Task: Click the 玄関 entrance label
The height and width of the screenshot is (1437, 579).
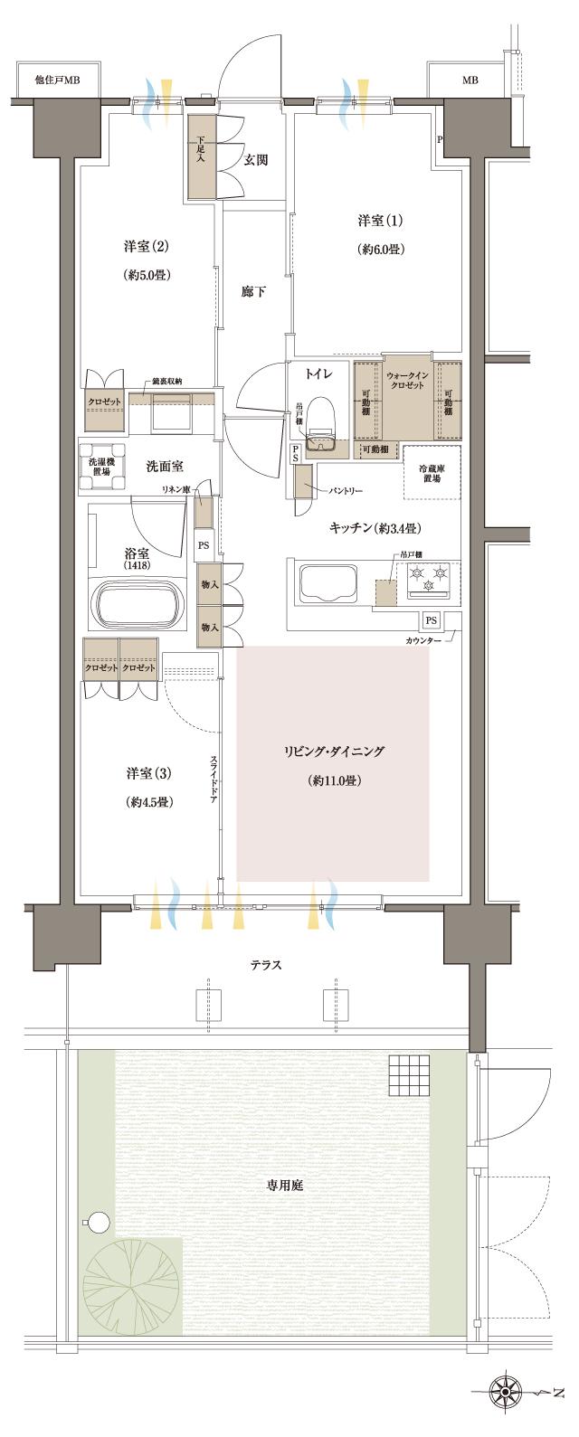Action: tap(255, 160)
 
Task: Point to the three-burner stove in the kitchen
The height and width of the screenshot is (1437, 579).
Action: tap(427, 578)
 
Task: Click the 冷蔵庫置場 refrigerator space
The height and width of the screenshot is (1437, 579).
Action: tap(432, 473)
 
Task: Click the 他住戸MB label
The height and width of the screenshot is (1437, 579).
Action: tap(58, 80)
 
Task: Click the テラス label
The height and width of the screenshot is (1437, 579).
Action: tap(266, 965)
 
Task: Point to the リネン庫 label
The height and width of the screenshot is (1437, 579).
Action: tap(174, 489)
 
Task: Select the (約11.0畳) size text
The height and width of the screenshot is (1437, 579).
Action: tap(334, 780)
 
